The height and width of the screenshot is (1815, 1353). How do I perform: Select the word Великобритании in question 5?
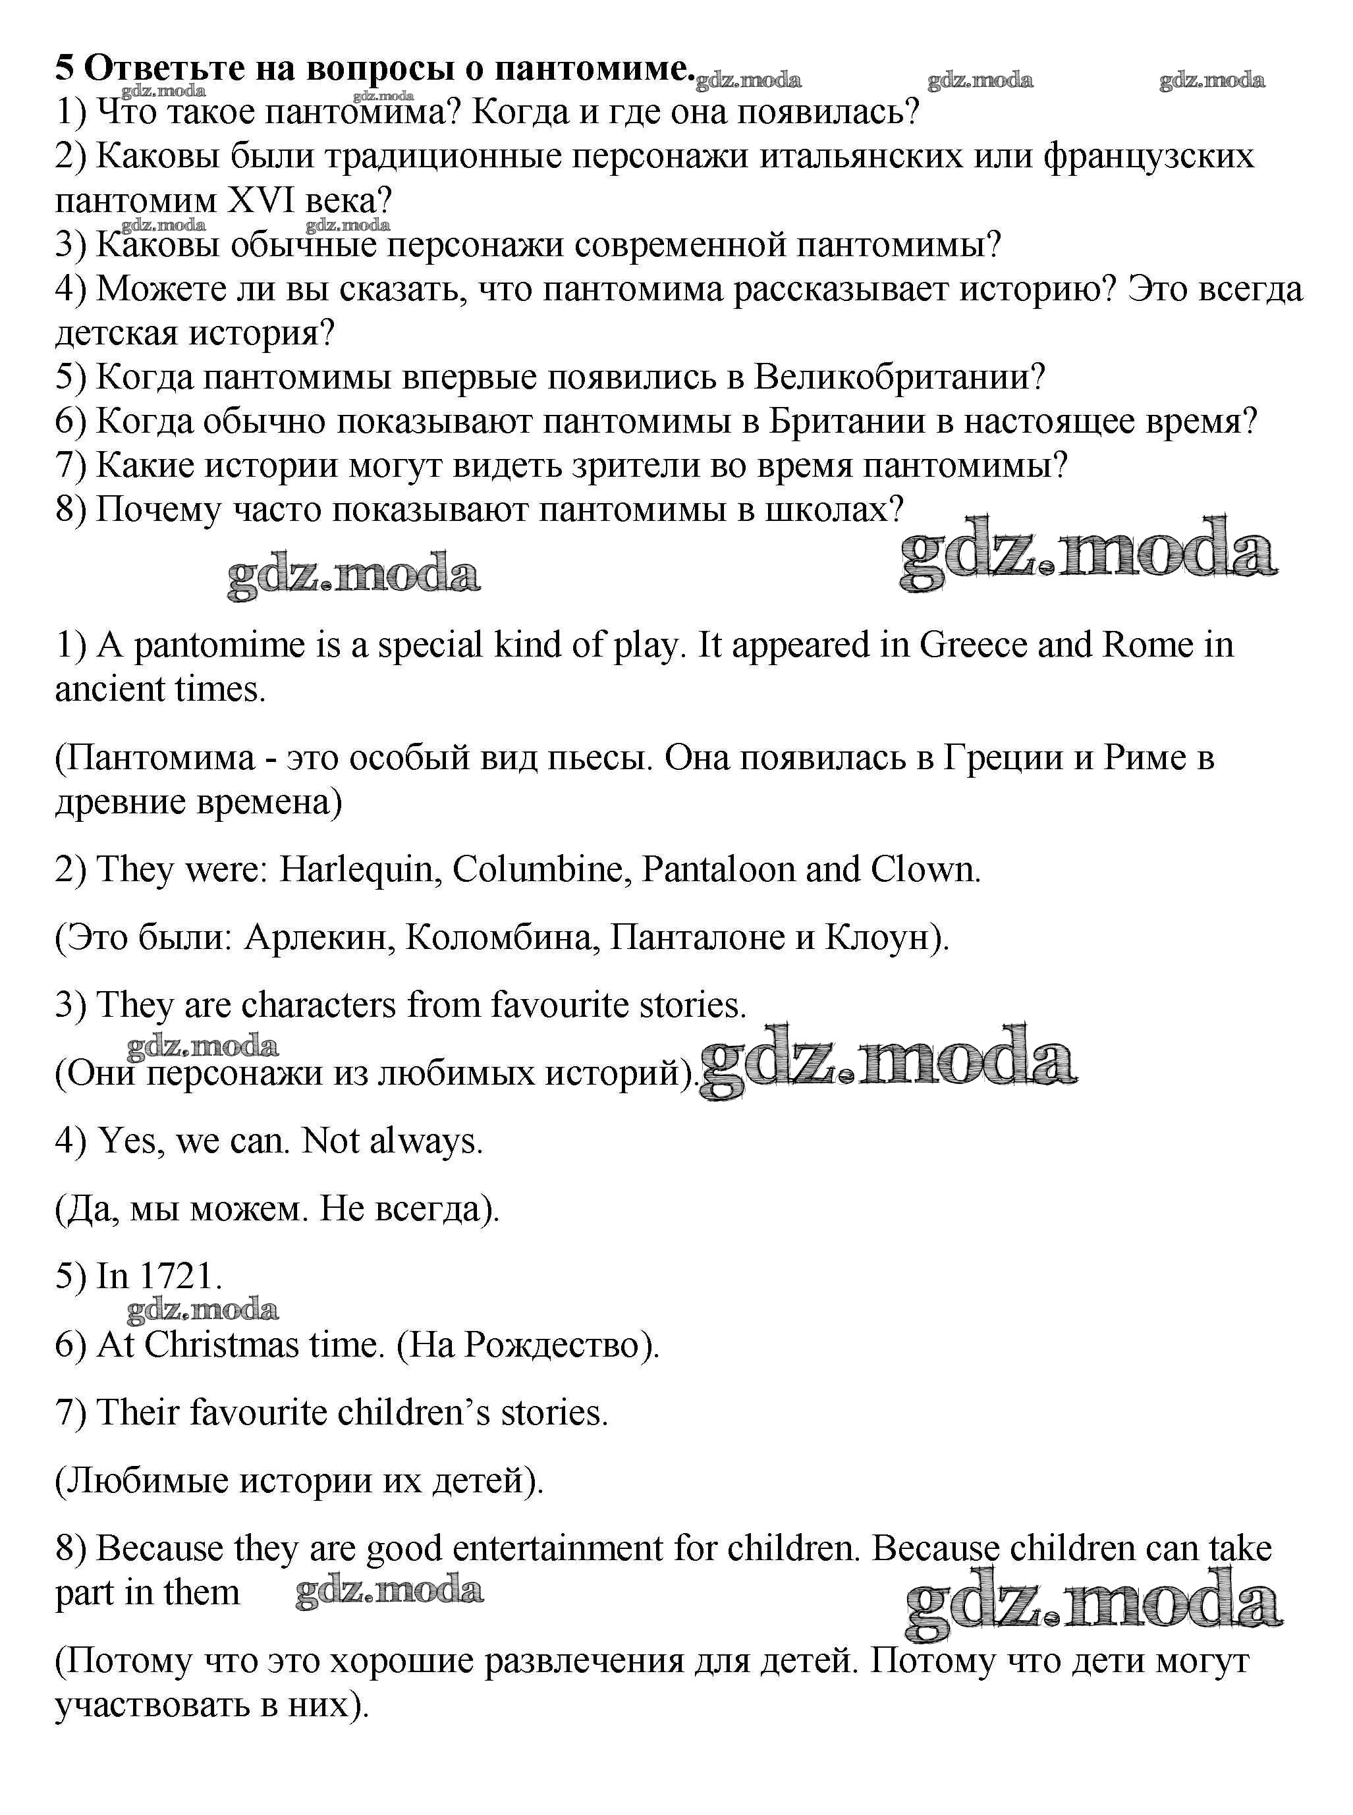pyautogui.click(x=898, y=377)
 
